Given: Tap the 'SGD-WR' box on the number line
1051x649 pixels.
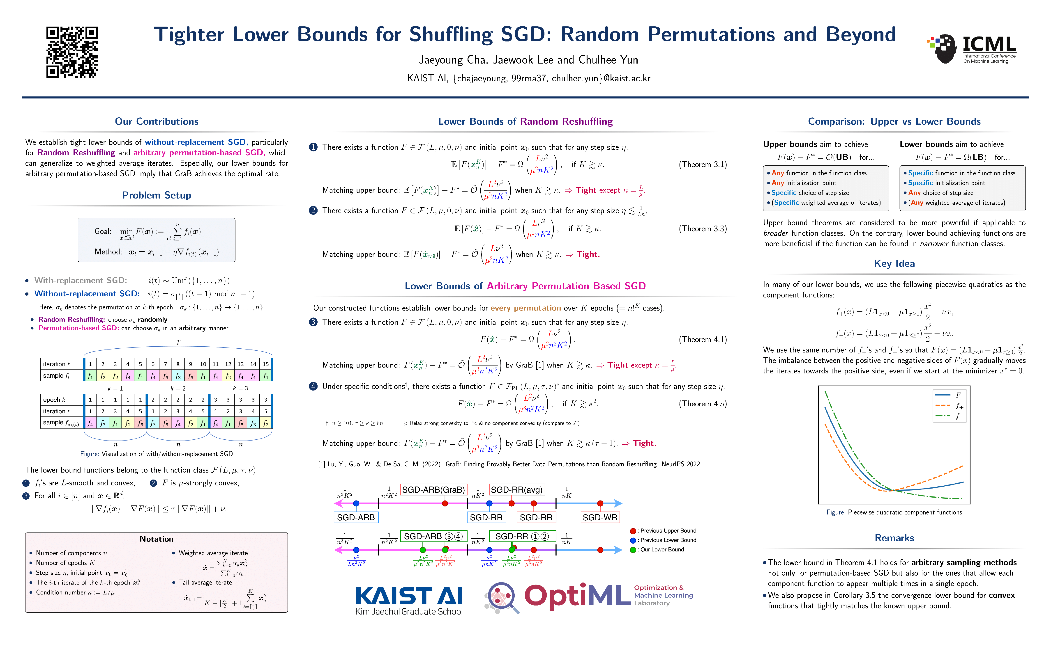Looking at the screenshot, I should pos(600,517).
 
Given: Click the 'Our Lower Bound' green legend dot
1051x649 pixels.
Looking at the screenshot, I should pos(633,550).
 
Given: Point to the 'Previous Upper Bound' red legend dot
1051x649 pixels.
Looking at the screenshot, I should pos(633,531).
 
